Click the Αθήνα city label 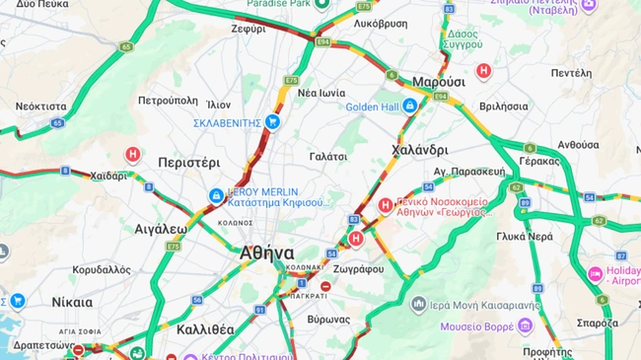[x=266, y=252]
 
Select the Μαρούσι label [x=439, y=81]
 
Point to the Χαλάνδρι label [x=419, y=150]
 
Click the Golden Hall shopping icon [x=410, y=106]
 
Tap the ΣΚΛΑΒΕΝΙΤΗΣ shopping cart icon [x=273, y=122]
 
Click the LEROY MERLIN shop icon [x=215, y=196]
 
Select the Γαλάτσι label [x=328, y=156]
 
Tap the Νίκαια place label [x=72, y=302]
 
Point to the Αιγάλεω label [x=161, y=228]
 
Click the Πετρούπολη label [x=168, y=101]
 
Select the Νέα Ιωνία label [x=320, y=93]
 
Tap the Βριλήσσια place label [x=503, y=106]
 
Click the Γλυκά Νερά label [x=525, y=237]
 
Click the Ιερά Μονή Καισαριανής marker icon [x=419, y=304]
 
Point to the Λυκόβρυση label [x=380, y=22]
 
